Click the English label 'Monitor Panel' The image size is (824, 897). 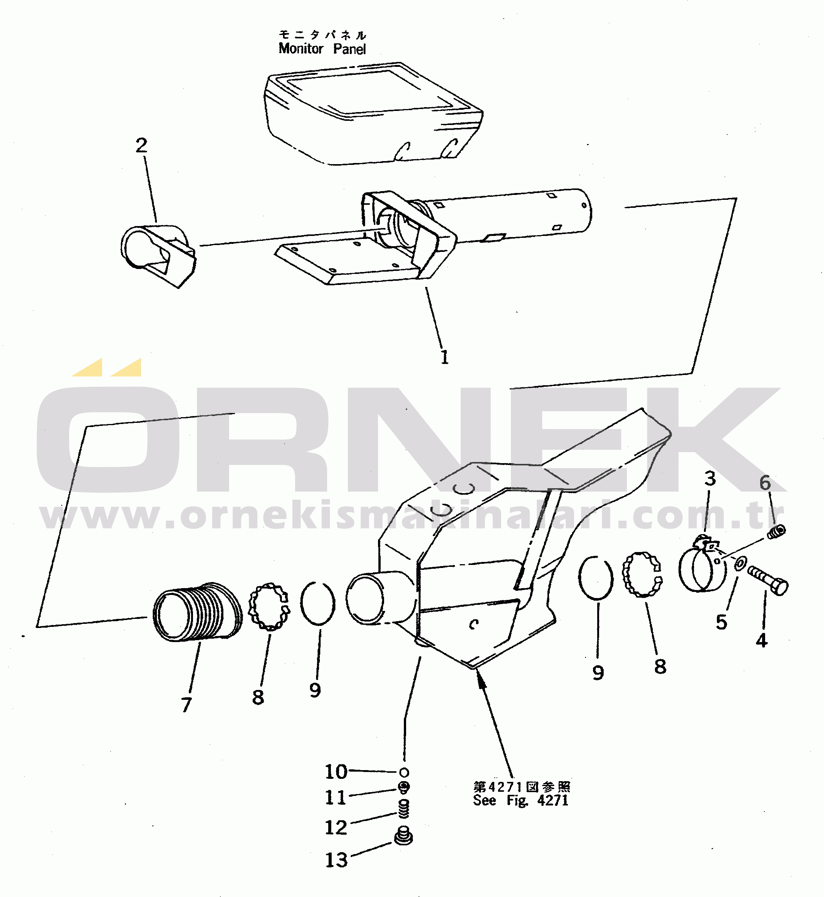322,48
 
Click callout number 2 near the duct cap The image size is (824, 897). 141,146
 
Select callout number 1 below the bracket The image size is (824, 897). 444,357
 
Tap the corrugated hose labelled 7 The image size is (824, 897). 198,612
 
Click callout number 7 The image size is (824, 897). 187,705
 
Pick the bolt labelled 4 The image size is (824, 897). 768,580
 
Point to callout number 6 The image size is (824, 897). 765,483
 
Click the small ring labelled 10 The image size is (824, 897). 404,772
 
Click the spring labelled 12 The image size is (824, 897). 403,809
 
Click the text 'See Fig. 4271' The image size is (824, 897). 520,800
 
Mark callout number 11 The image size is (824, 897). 335,797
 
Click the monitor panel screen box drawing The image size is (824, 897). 374,113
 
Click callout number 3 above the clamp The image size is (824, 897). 710,479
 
